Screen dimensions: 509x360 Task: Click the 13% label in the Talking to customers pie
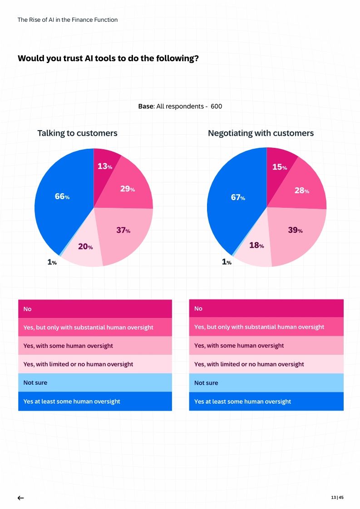[105, 166]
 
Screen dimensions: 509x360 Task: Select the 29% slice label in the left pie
[127, 189]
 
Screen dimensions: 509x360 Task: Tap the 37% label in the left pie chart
[123, 230]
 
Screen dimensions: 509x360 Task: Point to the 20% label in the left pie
[85, 247]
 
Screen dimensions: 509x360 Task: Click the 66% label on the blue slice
[62, 197]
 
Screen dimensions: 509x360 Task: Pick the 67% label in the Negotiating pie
[238, 198]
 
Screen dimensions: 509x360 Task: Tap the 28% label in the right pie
[301, 191]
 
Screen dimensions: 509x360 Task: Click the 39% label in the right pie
[295, 230]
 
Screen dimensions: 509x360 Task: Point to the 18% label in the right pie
[256, 245]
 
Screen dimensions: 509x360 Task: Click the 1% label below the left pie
[52, 262]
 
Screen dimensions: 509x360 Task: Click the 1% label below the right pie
[227, 262]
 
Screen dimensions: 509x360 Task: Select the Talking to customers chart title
[77, 133]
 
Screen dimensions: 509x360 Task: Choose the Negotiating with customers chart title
[261, 133]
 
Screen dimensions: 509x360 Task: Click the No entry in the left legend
[28, 309]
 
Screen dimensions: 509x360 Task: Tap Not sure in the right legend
[206, 383]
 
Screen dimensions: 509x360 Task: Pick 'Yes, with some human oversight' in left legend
[68, 346]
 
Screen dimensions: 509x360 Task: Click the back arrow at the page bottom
[20, 498]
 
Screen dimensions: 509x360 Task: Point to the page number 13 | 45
[337, 498]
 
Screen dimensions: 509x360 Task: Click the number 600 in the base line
[216, 106]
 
